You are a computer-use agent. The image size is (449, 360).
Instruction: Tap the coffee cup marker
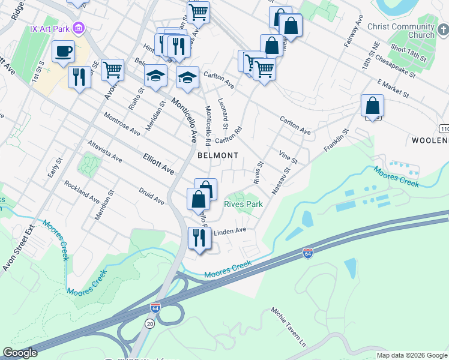click(x=63, y=52)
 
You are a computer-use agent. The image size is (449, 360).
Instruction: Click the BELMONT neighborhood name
click(x=218, y=155)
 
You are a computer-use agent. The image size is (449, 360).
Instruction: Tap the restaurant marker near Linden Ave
click(x=199, y=238)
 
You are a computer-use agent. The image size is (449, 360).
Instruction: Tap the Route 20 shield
click(x=149, y=323)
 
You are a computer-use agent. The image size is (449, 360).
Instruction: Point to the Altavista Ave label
click(x=104, y=152)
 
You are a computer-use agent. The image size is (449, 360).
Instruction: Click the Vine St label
click(x=288, y=157)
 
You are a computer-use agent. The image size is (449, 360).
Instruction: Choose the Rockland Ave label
click(x=82, y=192)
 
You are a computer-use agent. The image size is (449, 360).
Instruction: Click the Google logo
click(x=20, y=353)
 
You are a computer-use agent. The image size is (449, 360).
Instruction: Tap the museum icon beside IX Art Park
click(x=78, y=28)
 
